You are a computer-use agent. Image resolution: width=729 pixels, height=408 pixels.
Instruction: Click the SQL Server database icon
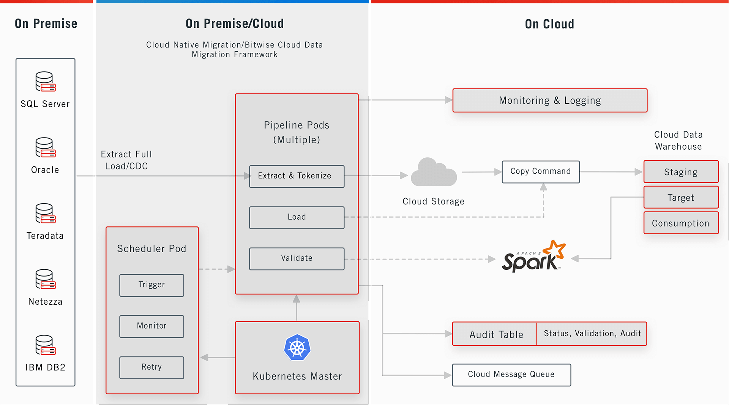45,82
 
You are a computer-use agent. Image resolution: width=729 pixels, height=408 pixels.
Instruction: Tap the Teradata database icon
45,213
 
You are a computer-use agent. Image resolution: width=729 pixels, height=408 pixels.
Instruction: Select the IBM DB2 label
45,367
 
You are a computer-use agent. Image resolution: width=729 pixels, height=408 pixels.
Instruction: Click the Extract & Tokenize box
297,176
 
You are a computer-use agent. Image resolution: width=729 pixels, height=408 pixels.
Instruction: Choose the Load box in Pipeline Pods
297,217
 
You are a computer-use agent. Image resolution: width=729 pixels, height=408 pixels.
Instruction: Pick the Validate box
297,259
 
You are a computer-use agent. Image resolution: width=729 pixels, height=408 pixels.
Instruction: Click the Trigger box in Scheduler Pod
151,285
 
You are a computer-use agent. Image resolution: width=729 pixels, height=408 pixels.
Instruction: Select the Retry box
151,367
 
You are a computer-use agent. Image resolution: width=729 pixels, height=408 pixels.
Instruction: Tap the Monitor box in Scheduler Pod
151,326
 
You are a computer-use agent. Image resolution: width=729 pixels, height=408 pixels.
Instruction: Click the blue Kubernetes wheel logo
297,348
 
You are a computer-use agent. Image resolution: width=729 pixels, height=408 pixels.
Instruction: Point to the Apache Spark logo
533,257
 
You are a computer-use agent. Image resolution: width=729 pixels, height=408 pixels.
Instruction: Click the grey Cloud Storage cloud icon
433,173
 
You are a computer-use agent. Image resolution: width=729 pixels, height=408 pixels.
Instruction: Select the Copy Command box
540,172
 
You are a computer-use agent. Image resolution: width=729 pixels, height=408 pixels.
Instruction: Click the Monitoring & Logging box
549,101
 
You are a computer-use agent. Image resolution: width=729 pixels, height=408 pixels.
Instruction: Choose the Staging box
681,172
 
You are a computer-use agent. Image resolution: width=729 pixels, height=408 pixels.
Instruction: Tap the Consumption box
681,223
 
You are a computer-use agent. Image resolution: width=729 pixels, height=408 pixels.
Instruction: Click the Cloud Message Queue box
511,375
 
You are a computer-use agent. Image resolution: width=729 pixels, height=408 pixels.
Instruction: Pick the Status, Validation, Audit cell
592,334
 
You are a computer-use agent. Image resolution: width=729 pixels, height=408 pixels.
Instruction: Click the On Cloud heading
549,24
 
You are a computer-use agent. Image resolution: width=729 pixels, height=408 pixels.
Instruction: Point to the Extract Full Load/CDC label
126,160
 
